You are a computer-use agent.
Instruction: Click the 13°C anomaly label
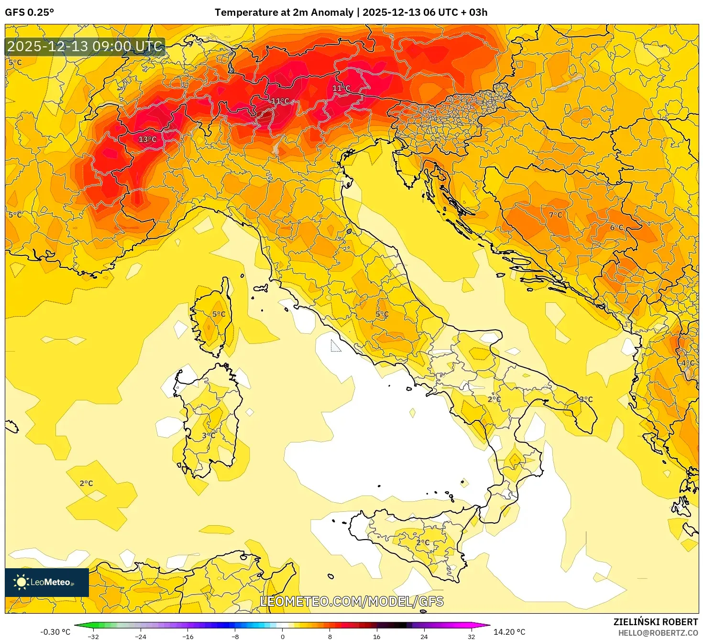[147, 139]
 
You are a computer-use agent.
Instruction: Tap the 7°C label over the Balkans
[555, 215]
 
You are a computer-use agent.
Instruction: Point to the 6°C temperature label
[616, 228]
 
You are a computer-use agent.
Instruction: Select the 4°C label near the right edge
[687, 363]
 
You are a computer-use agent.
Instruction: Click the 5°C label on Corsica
[219, 314]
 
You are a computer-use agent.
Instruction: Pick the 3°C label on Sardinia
[209, 435]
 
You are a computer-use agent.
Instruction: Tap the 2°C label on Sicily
[423, 543]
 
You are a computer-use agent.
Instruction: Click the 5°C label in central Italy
[382, 314]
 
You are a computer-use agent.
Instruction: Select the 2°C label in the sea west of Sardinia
[86, 484]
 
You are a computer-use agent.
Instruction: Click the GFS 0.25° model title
[30, 12]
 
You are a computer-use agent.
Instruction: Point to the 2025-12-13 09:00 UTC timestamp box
[85, 46]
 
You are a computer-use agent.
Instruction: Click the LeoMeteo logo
[47, 582]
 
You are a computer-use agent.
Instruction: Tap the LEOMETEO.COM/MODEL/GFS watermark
[351, 601]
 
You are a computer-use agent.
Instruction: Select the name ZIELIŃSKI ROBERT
[655, 622]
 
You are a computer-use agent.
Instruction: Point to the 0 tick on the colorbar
[283, 636]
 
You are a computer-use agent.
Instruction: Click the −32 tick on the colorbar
[93, 636]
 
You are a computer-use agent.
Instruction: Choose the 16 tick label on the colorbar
[377, 636]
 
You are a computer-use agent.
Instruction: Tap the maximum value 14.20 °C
[509, 632]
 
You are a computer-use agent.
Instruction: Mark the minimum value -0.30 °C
[55, 632]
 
